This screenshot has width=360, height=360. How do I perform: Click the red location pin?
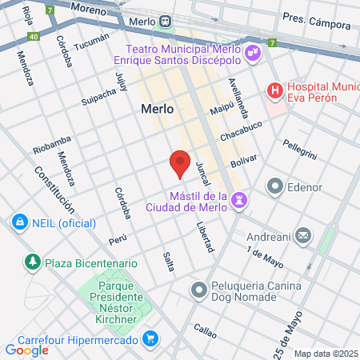coord(181,162)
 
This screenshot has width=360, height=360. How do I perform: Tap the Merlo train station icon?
coord(165,20)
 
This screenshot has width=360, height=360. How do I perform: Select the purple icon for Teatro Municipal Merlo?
coord(254,54)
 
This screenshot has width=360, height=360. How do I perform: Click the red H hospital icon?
coord(275,90)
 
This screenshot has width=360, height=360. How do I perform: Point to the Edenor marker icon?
coord(276,187)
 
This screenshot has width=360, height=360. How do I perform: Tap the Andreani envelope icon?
coord(303,236)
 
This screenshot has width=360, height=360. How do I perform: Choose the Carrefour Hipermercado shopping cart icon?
coord(149,339)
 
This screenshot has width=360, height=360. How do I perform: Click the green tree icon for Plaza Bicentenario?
coord(33,262)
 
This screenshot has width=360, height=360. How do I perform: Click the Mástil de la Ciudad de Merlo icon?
coord(238,200)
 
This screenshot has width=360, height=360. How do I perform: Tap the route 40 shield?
coord(33,37)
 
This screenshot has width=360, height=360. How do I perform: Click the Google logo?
coord(26,350)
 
